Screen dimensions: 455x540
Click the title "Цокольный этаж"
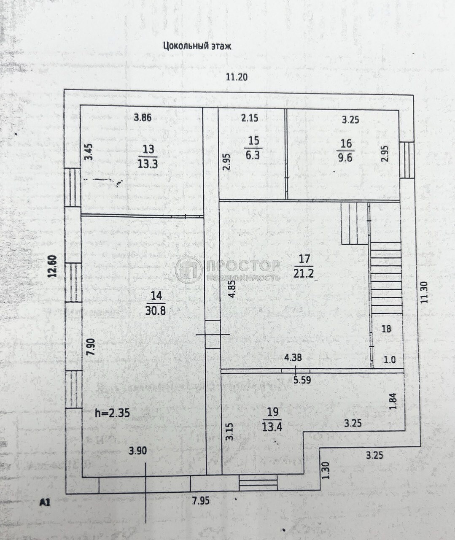click(x=197, y=46)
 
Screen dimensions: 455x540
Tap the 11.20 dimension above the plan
click(x=237, y=77)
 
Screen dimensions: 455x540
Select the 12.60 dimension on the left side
click(x=53, y=266)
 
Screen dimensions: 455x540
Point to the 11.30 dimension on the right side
click(x=424, y=292)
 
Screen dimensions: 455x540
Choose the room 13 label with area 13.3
click(x=148, y=157)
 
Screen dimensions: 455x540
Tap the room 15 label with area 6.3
click(x=253, y=148)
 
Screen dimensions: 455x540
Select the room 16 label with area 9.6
click(x=346, y=151)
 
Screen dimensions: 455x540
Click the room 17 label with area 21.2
click(x=304, y=266)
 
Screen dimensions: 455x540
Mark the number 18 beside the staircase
click(x=386, y=329)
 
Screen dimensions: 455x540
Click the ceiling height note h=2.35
click(x=113, y=413)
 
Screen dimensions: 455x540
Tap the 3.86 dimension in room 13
click(x=143, y=118)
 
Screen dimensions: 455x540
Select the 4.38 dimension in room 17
click(x=293, y=358)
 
